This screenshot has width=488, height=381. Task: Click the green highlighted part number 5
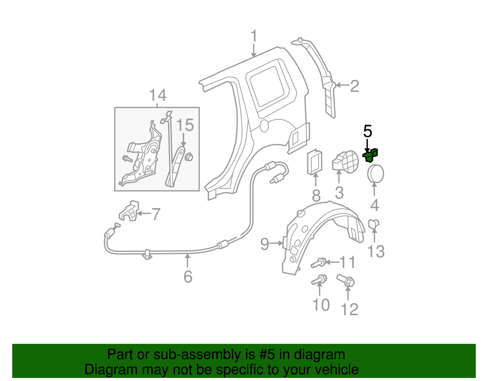click(x=370, y=155)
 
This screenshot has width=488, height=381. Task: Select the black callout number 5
click(x=368, y=131)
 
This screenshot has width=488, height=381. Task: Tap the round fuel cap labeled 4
click(x=375, y=174)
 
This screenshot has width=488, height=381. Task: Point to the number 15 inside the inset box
click(x=185, y=125)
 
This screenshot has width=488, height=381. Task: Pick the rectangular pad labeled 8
click(x=315, y=162)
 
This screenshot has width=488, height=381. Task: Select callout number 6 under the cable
click(x=188, y=276)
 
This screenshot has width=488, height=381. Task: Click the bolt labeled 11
click(x=319, y=263)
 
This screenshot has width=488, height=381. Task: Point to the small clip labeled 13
click(x=374, y=224)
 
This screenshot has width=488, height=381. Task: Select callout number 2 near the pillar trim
click(x=354, y=86)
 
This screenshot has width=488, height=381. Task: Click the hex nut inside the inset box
click(x=189, y=157)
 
